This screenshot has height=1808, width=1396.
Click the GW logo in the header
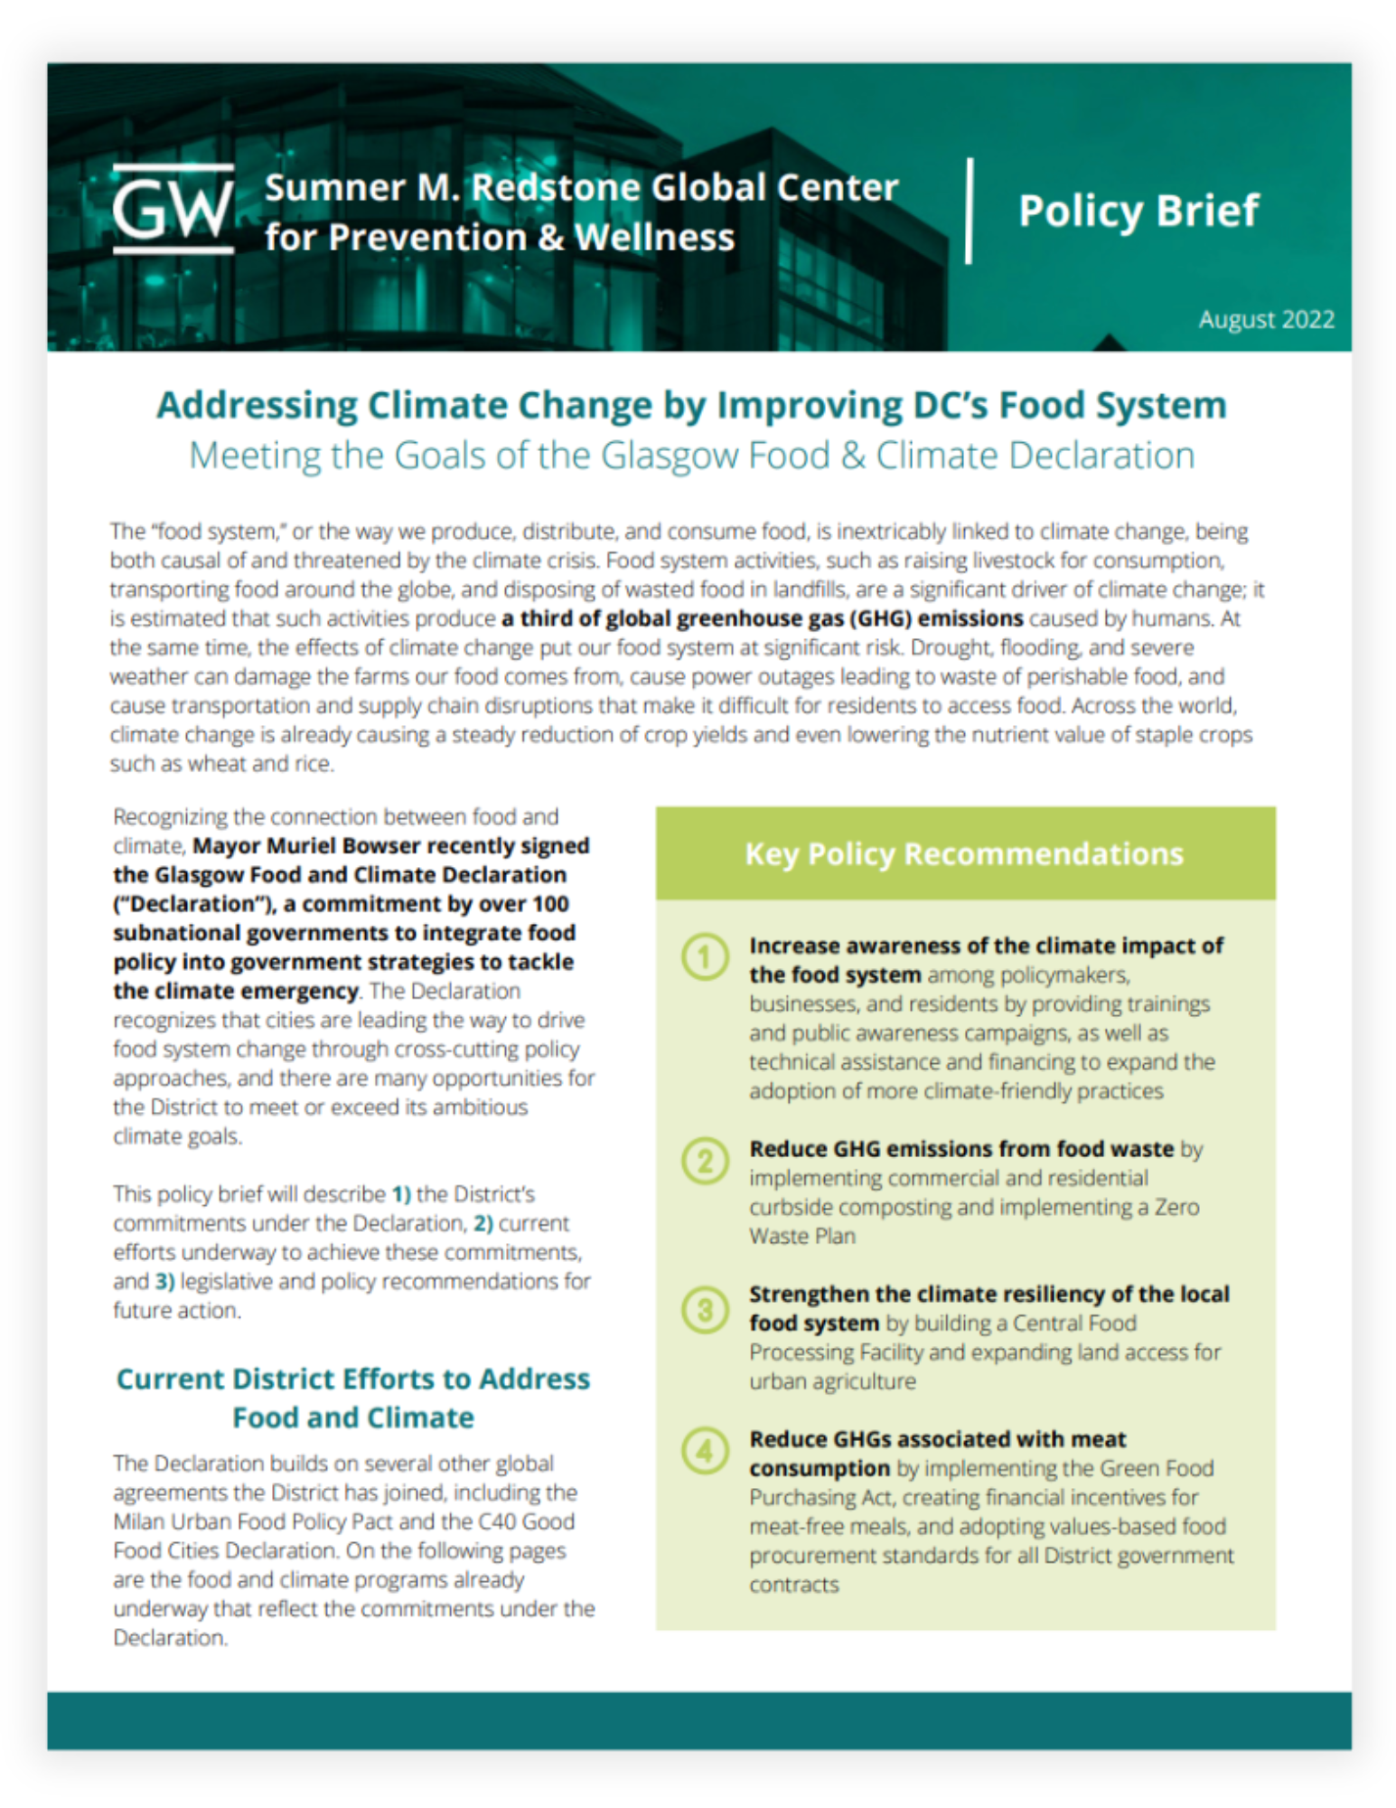click(173, 209)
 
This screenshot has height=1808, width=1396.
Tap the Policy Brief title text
click(1138, 211)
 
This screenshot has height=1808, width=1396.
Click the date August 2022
click(1266, 319)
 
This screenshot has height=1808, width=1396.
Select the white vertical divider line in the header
click(969, 211)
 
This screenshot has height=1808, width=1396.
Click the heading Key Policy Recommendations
click(963, 853)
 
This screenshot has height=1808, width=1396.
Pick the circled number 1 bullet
click(705, 956)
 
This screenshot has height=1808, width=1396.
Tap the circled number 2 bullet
click(705, 1160)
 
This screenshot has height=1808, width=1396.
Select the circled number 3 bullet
click(705, 1309)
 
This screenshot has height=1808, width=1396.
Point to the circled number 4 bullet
click(705, 1450)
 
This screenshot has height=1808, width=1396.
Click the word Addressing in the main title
click(257, 405)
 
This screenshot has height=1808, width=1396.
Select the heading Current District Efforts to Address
click(352, 1379)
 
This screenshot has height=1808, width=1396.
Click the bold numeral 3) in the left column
click(164, 1281)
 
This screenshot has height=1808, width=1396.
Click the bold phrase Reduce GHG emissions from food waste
click(960, 1149)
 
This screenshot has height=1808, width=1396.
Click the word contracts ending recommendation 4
click(793, 1585)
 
